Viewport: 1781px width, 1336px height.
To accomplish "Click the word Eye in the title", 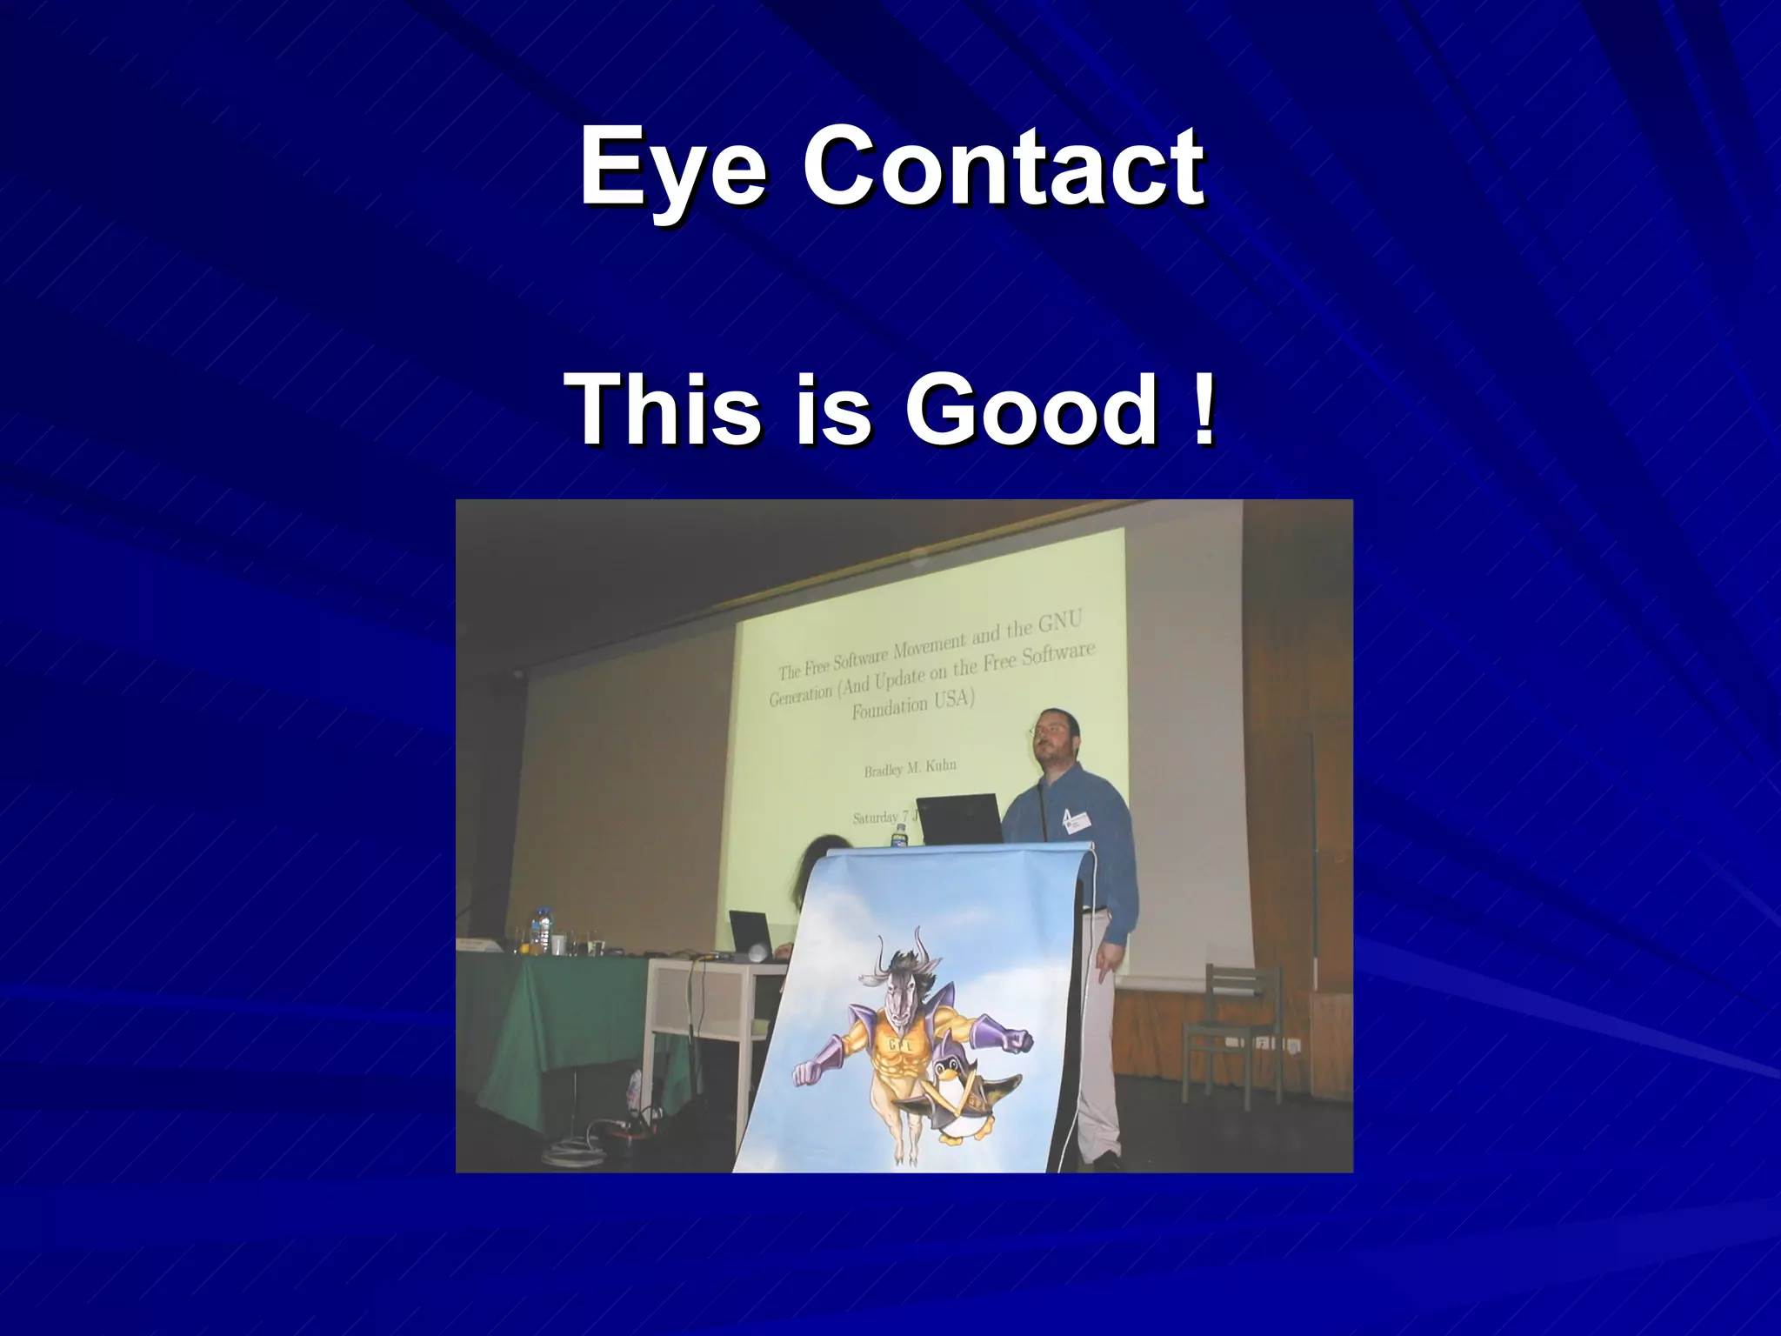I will point(674,165).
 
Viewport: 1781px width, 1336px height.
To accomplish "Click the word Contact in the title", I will point(1003,165).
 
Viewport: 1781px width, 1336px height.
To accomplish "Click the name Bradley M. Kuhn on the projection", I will point(910,767).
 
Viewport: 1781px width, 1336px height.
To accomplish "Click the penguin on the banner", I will point(965,1105).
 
